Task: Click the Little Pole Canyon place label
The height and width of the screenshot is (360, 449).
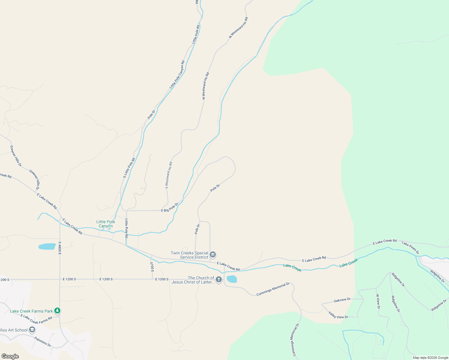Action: tap(106, 224)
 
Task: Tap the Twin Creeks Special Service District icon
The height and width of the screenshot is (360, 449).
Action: tap(213, 255)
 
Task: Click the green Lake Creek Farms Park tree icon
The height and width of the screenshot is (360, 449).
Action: tap(57, 311)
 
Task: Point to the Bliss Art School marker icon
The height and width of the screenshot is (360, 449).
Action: tap(32, 330)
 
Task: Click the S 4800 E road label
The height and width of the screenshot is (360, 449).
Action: tap(60, 248)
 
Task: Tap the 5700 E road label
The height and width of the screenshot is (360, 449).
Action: tap(152, 267)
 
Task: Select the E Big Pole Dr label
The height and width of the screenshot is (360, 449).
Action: tap(170, 208)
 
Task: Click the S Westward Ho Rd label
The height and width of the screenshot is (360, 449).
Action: tap(169, 175)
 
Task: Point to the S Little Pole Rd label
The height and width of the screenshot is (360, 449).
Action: tap(129, 168)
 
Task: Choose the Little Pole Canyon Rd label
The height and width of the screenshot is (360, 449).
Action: tap(177, 75)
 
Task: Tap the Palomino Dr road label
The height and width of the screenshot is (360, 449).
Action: tap(43, 341)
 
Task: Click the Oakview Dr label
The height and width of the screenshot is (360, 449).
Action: tap(342, 300)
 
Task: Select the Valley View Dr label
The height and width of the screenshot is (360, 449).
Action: tap(338, 315)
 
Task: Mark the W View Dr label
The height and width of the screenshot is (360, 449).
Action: tap(378, 301)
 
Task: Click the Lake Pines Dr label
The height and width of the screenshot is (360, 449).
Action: tap(410, 248)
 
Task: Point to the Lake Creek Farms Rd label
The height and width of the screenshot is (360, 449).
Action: tap(36, 319)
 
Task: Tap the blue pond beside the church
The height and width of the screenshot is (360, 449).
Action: tap(232, 279)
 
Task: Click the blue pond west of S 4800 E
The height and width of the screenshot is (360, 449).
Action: tap(47, 247)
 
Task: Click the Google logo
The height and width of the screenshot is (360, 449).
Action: tap(10, 356)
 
